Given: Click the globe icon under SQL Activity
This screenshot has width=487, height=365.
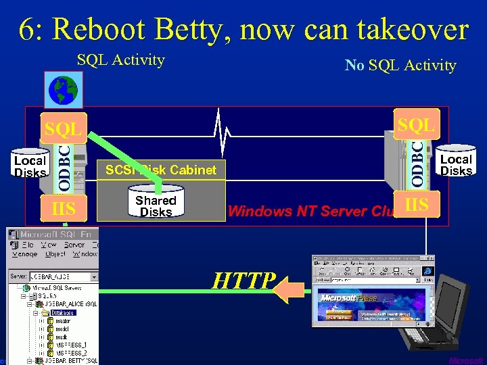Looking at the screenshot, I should coord(63,89).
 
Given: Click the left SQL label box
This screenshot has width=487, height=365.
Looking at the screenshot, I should coord(62,128).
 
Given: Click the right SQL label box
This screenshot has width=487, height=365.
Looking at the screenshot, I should coord(417,125).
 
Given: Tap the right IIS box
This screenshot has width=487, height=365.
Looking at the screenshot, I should coord(416,204).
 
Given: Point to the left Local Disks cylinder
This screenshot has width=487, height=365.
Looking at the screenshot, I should coord(30,165).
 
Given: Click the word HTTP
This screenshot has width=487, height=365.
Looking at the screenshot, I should coord(243,280).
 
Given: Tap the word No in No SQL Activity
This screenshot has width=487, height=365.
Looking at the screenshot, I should coord(354,66).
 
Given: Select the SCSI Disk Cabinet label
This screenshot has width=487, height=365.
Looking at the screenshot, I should coord(161,170).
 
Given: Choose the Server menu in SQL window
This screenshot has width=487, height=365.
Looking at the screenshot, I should coord(74,245).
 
